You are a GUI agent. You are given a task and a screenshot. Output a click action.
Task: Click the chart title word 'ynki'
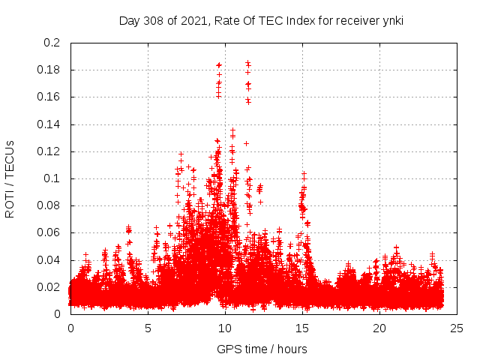(x=391, y=20)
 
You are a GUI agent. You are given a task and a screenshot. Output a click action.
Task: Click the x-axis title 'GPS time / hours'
(x=262, y=349)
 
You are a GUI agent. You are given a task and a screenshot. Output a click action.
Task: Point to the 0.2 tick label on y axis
(x=52, y=43)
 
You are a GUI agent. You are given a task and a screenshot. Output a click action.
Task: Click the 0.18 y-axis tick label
(x=49, y=70)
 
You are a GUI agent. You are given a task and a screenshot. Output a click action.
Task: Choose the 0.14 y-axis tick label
(x=49, y=124)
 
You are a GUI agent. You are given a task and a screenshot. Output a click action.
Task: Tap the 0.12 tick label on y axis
(x=49, y=151)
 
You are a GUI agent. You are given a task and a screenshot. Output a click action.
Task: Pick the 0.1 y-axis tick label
(x=52, y=178)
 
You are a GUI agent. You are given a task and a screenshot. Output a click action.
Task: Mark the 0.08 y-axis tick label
(x=49, y=205)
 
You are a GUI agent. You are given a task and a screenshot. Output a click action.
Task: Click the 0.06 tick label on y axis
(x=49, y=232)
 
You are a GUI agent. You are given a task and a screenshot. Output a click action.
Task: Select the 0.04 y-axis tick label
(x=49, y=260)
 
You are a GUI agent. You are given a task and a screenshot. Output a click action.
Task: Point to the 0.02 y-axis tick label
(x=49, y=287)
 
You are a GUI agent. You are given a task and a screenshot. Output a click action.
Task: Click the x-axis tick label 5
(x=148, y=328)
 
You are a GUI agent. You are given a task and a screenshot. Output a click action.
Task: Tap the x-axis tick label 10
(x=225, y=328)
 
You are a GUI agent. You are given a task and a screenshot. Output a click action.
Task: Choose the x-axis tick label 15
(x=302, y=328)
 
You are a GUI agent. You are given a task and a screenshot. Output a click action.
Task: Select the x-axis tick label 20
(x=379, y=328)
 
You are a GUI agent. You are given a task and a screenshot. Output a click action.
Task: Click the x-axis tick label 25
(x=457, y=328)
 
